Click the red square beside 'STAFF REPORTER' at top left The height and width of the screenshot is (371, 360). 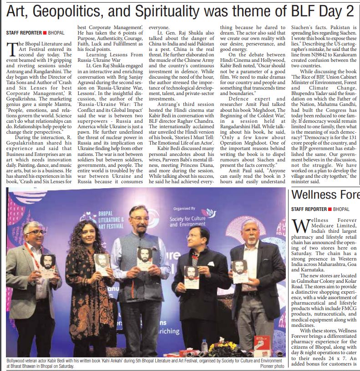coord(45,32)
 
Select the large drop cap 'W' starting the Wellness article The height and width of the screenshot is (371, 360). coord(302,225)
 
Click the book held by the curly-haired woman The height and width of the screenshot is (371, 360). coord(102,264)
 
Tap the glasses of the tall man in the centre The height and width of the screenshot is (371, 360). coord(139,219)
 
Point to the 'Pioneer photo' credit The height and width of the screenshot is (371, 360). coord(272,366)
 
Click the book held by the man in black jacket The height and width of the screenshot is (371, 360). coord(191,276)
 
